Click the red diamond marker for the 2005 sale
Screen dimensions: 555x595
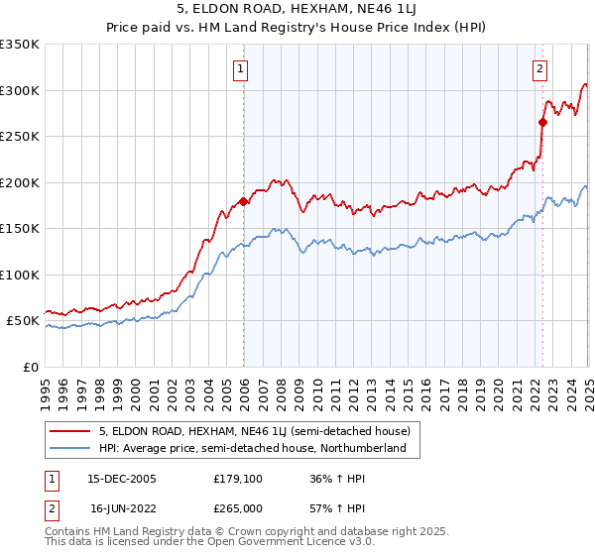pyautogui.click(x=243, y=201)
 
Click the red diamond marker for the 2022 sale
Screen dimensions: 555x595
pyautogui.click(x=542, y=123)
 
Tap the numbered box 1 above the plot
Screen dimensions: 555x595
pyautogui.click(x=242, y=69)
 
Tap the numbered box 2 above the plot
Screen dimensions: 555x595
pyautogui.click(x=539, y=69)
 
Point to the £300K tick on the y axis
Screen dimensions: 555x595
pyautogui.click(x=19, y=90)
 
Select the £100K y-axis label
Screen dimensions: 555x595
pyautogui.click(x=19, y=275)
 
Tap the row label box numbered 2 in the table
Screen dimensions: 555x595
pyautogui.click(x=53, y=507)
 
